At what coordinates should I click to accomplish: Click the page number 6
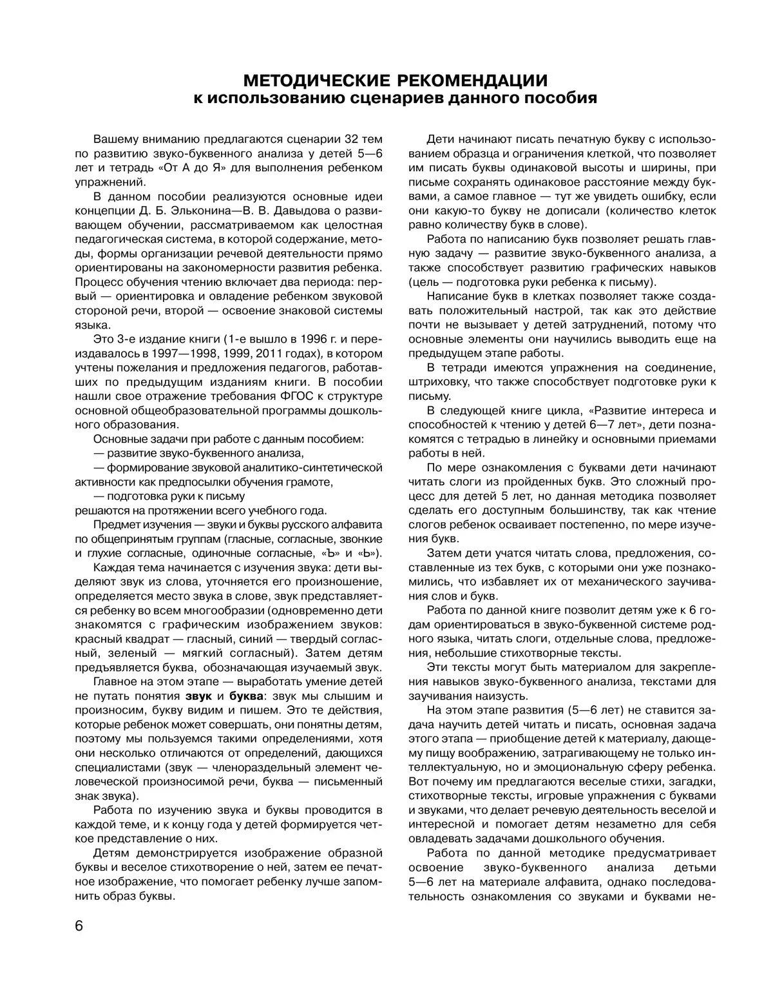click(79, 927)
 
